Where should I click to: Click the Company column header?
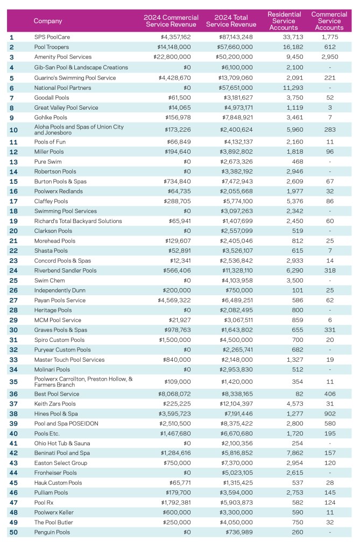48,21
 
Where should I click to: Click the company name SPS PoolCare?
52,37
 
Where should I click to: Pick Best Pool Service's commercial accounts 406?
329,394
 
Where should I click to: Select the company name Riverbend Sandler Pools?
65,270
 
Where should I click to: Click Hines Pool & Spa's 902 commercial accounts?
329,413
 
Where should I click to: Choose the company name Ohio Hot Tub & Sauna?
62,443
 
